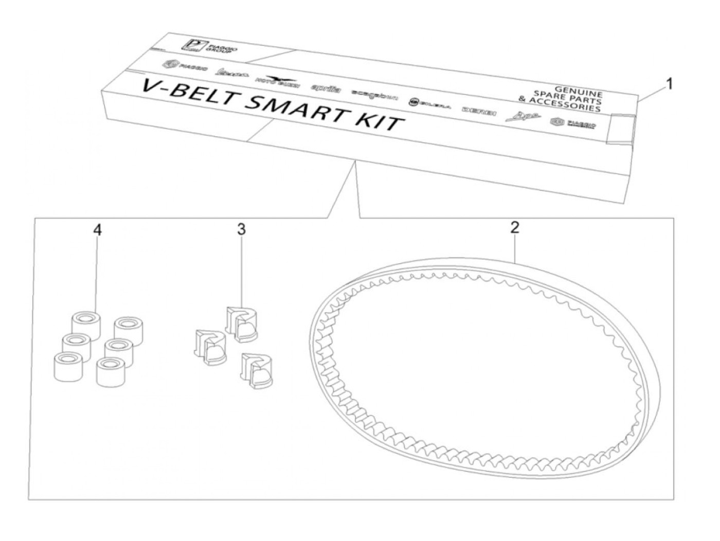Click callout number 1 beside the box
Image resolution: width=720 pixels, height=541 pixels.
(668, 83)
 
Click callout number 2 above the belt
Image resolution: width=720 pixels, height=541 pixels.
(515, 228)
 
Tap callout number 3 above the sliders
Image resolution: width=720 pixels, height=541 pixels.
(241, 229)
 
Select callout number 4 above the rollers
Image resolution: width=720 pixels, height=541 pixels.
(97, 229)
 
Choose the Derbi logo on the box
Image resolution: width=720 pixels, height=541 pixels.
(479, 111)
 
